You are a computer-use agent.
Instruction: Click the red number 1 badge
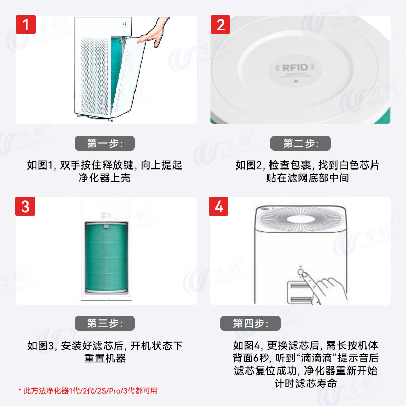click(25, 25)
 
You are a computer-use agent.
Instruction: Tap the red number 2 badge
click(220, 25)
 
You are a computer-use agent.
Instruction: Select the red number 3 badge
click(25, 207)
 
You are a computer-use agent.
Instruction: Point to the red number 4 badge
click(219, 207)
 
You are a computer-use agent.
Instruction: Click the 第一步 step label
click(105, 143)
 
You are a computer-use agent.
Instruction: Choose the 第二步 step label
click(300, 143)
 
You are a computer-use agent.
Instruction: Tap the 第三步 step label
click(105, 323)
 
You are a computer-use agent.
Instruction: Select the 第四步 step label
click(250, 323)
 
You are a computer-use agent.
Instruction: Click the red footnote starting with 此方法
click(87, 391)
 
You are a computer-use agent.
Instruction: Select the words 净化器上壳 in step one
click(104, 178)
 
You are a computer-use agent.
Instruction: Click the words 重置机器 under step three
click(105, 358)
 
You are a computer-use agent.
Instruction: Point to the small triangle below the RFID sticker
click(296, 80)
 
